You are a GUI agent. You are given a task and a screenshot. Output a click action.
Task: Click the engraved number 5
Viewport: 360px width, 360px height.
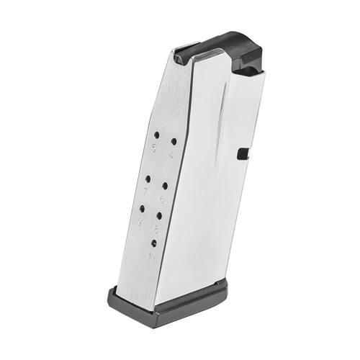coord(154,148)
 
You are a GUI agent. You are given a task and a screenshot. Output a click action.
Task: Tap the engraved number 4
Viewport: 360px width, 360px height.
coord(171,153)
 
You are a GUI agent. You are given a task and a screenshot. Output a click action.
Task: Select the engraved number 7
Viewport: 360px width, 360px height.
coord(146,192)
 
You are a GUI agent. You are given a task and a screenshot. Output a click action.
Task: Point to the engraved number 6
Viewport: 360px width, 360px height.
coord(163,199)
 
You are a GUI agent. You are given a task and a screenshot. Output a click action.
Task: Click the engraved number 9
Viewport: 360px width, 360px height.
coord(140,222)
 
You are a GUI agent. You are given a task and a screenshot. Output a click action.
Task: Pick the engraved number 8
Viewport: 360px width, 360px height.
coord(157,229)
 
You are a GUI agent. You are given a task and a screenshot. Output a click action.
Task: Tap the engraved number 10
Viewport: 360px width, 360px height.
coord(151,257)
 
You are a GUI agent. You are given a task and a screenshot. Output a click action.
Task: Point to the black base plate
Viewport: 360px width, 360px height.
coord(173,302)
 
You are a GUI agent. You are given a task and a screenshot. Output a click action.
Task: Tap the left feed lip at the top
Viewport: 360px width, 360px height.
coord(189,51)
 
